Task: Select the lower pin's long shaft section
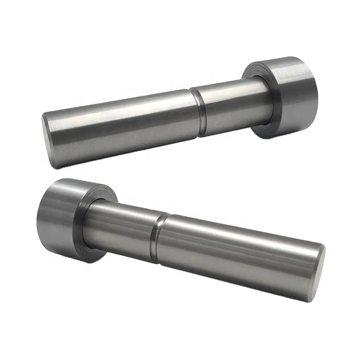235,254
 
